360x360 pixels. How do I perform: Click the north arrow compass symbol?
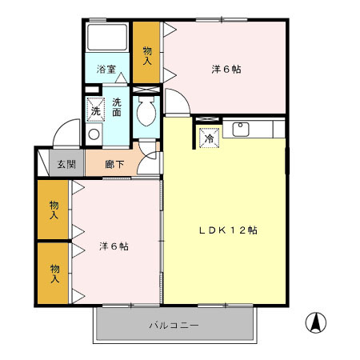coord(317,323)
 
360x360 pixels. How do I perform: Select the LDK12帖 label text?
coord(228,230)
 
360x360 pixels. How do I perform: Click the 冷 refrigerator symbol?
coord(207,137)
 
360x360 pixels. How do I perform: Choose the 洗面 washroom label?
coord(117,107)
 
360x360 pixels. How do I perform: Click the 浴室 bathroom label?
coord(107,70)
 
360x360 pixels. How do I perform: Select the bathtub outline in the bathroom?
coord(107,38)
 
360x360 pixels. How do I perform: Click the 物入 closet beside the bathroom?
coord(147,54)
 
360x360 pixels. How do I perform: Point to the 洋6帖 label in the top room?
coord(226,70)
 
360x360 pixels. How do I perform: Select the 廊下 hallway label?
coord(116,165)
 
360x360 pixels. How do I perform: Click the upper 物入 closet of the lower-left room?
coord(54,210)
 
